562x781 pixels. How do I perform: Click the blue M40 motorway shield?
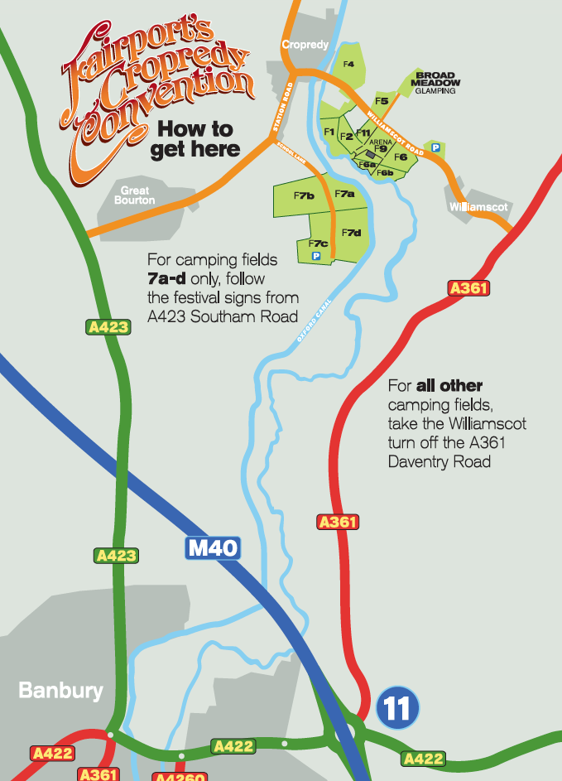[x=212, y=547]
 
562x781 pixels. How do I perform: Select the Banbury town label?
[x=60, y=690]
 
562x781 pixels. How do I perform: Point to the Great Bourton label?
[x=134, y=195]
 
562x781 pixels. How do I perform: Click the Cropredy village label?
[x=305, y=45]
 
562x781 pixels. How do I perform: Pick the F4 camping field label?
[x=348, y=64]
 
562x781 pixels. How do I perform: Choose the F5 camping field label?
[x=382, y=101]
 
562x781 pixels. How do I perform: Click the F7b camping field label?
[x=304, y=195]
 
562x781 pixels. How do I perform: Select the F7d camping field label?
[x=352, y=232]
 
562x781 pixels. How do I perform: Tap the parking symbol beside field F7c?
[x=315, y=258]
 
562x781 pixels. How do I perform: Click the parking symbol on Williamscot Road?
[x=435, y=147]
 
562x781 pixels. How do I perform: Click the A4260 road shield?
[x=179, y=777]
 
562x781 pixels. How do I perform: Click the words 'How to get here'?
[x=195, y=139]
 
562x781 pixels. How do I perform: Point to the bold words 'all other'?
[x=449, y=386]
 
